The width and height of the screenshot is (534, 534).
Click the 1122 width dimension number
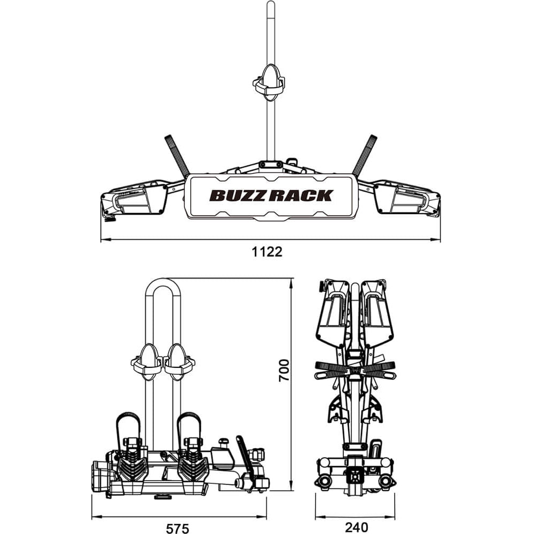pyautogui.click(x=267, y=252)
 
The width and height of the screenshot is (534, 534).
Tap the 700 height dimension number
pyautogui.click(x=284, y=370)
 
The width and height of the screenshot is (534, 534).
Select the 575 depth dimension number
pyautogui.click(x=178, y=528)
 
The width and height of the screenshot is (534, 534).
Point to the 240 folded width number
pyautogui.click(x=356, y=528)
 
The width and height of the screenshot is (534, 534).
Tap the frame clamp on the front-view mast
pyautogui.click(x=269, y=82)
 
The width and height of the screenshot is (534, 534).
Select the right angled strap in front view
pyautogui.click(x=365, y=155)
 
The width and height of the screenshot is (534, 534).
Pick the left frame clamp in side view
pyautogui.click(x=146, y=362)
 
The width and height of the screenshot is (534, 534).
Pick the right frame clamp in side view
pyautogui.click(x=179, y=362)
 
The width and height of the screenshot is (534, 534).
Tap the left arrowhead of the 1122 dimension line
pyautogui.click(x=103, y=240)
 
